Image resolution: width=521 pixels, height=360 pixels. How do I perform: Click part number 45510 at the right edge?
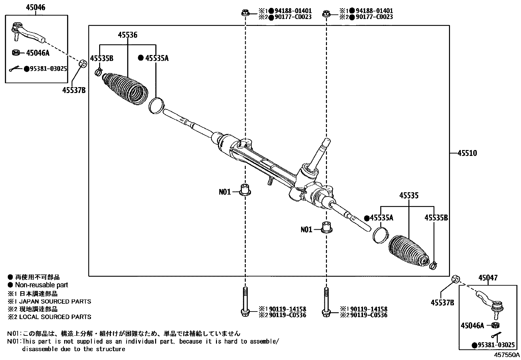pos(467,153)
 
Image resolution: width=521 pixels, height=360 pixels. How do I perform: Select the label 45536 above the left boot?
pos(127,35)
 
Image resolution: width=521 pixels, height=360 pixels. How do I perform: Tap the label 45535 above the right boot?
pos(409,196)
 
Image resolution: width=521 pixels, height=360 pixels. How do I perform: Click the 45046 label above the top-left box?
pos(36,8)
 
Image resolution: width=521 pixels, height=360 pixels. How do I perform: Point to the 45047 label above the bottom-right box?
pos(488,278)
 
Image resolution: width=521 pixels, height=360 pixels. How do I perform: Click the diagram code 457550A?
pos(507,355)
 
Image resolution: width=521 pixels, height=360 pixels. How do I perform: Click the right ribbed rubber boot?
pos(408,250)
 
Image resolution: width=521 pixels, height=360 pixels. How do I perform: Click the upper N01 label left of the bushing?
pos(225,192)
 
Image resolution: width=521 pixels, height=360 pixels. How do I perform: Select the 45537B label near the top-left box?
pos(74,90)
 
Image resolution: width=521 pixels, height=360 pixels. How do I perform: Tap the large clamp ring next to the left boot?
pos(155,105)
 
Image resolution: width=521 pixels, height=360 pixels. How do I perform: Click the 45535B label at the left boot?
pos(101,59)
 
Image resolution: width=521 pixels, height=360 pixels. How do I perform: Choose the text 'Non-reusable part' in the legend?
pos(42,285)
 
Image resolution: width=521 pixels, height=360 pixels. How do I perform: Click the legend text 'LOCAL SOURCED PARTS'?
pos(55,317)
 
